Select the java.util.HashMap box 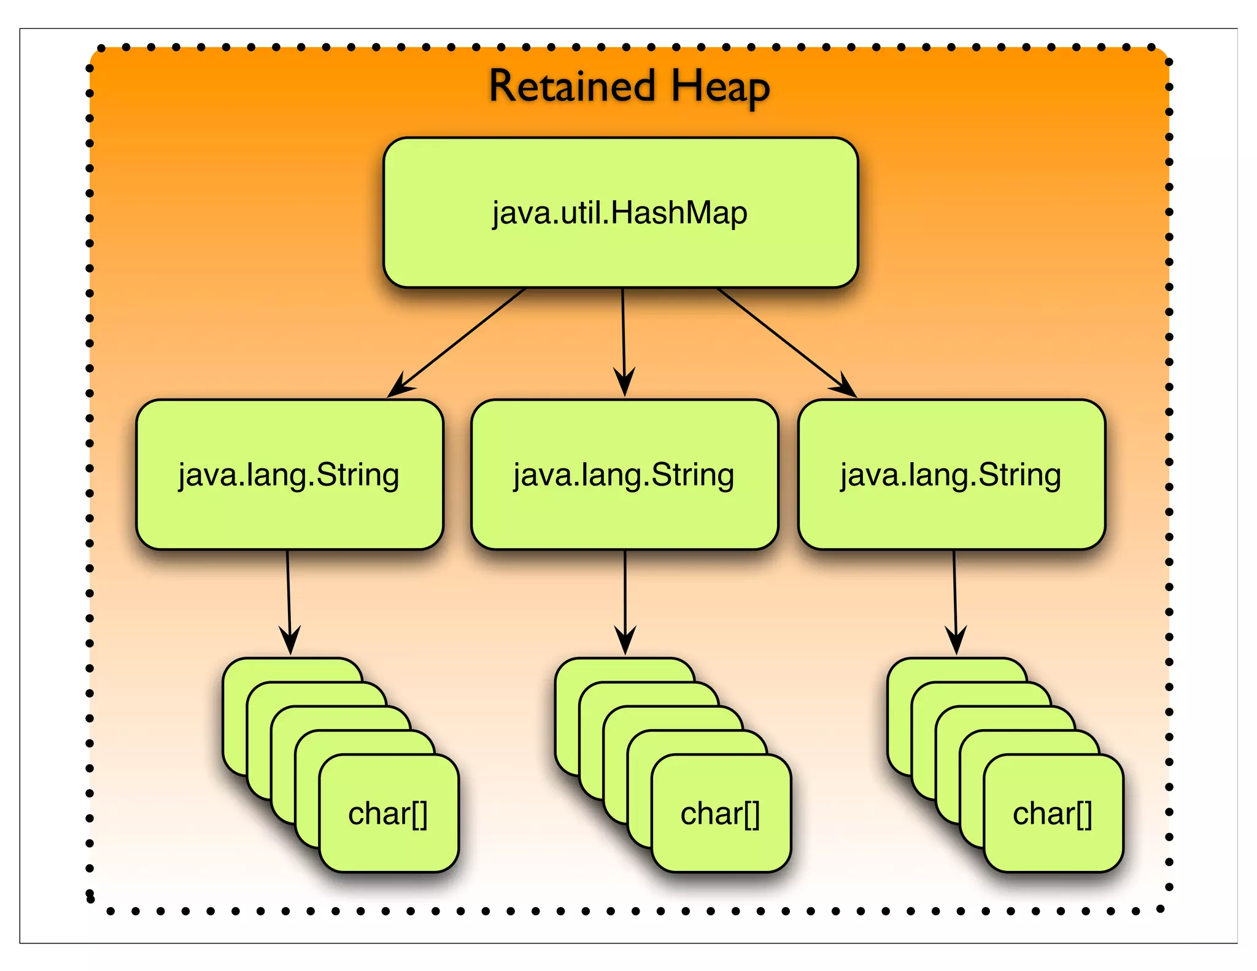coord(620,212)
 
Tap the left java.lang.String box coord(289,474)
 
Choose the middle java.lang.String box coord(624,474)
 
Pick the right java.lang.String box coord(951,474)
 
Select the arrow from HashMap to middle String coord(624,338)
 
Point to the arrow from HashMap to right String coord(783,339)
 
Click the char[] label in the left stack coord(388,814)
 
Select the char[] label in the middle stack coord(720,814)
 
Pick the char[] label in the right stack coord(1052,814)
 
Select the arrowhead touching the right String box coord(846,387)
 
